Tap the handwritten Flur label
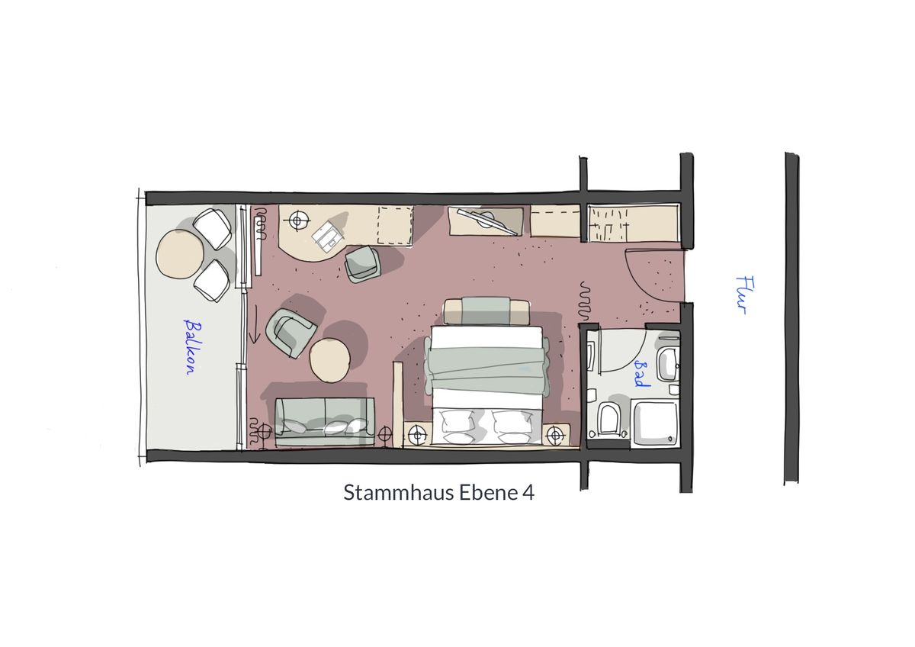coord(744,295)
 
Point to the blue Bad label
coord(641,374)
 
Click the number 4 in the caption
coord(528,493)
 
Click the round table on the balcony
coord(180,254)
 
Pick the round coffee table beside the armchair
coord(329,360)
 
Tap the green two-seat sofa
coord(325,421)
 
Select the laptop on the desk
coord(328,237)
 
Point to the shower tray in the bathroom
coord(655,423)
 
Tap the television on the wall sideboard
coord(487,222)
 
